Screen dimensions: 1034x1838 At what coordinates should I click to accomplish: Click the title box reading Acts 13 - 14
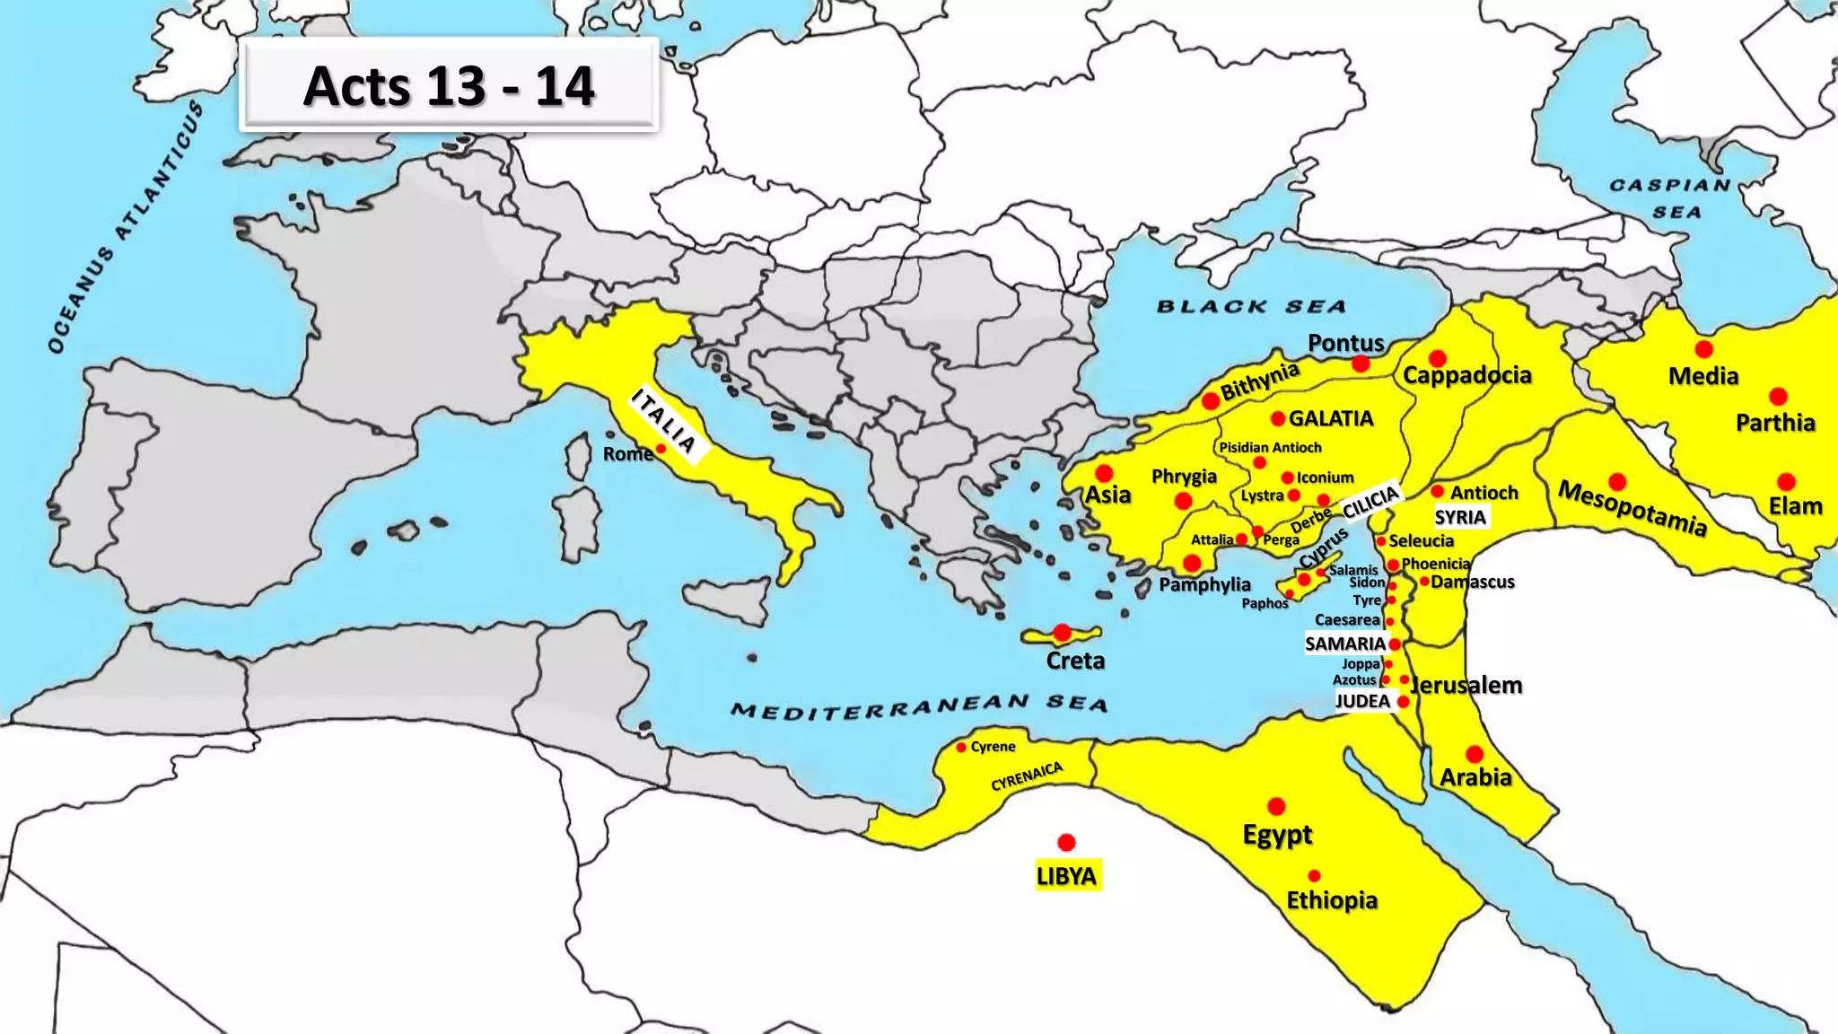(449, 86)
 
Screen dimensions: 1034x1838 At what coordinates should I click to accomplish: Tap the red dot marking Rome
(661, 449)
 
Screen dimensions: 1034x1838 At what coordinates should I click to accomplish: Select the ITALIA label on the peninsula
(664, 420)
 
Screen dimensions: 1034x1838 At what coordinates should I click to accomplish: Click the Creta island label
(1075, 662)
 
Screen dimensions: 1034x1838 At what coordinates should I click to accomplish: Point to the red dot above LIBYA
(1066, 842)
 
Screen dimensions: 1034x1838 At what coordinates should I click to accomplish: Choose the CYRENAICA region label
(1027, 776)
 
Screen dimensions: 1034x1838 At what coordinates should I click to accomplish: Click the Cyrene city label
(993, 747)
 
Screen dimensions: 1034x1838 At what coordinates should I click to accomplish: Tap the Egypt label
(1277, 835)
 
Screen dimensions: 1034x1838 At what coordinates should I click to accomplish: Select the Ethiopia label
(1332, 900)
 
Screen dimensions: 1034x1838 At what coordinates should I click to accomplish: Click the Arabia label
(1475, 777)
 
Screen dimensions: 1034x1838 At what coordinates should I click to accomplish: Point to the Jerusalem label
(1466, 686)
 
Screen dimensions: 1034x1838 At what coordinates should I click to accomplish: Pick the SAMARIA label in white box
(1345, 644)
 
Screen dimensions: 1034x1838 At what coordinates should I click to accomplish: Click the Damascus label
(1473, 582)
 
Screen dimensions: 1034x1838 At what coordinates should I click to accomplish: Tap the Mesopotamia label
(1632, 509)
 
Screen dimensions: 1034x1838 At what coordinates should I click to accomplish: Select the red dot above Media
(1703, 349)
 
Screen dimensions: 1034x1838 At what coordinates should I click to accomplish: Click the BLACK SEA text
(1251, 307)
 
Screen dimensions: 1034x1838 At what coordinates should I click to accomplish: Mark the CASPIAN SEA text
(1671, 198)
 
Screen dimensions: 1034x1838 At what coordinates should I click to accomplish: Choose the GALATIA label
(1331, 419)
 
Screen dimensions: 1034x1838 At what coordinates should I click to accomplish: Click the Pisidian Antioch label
(1270, 447)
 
